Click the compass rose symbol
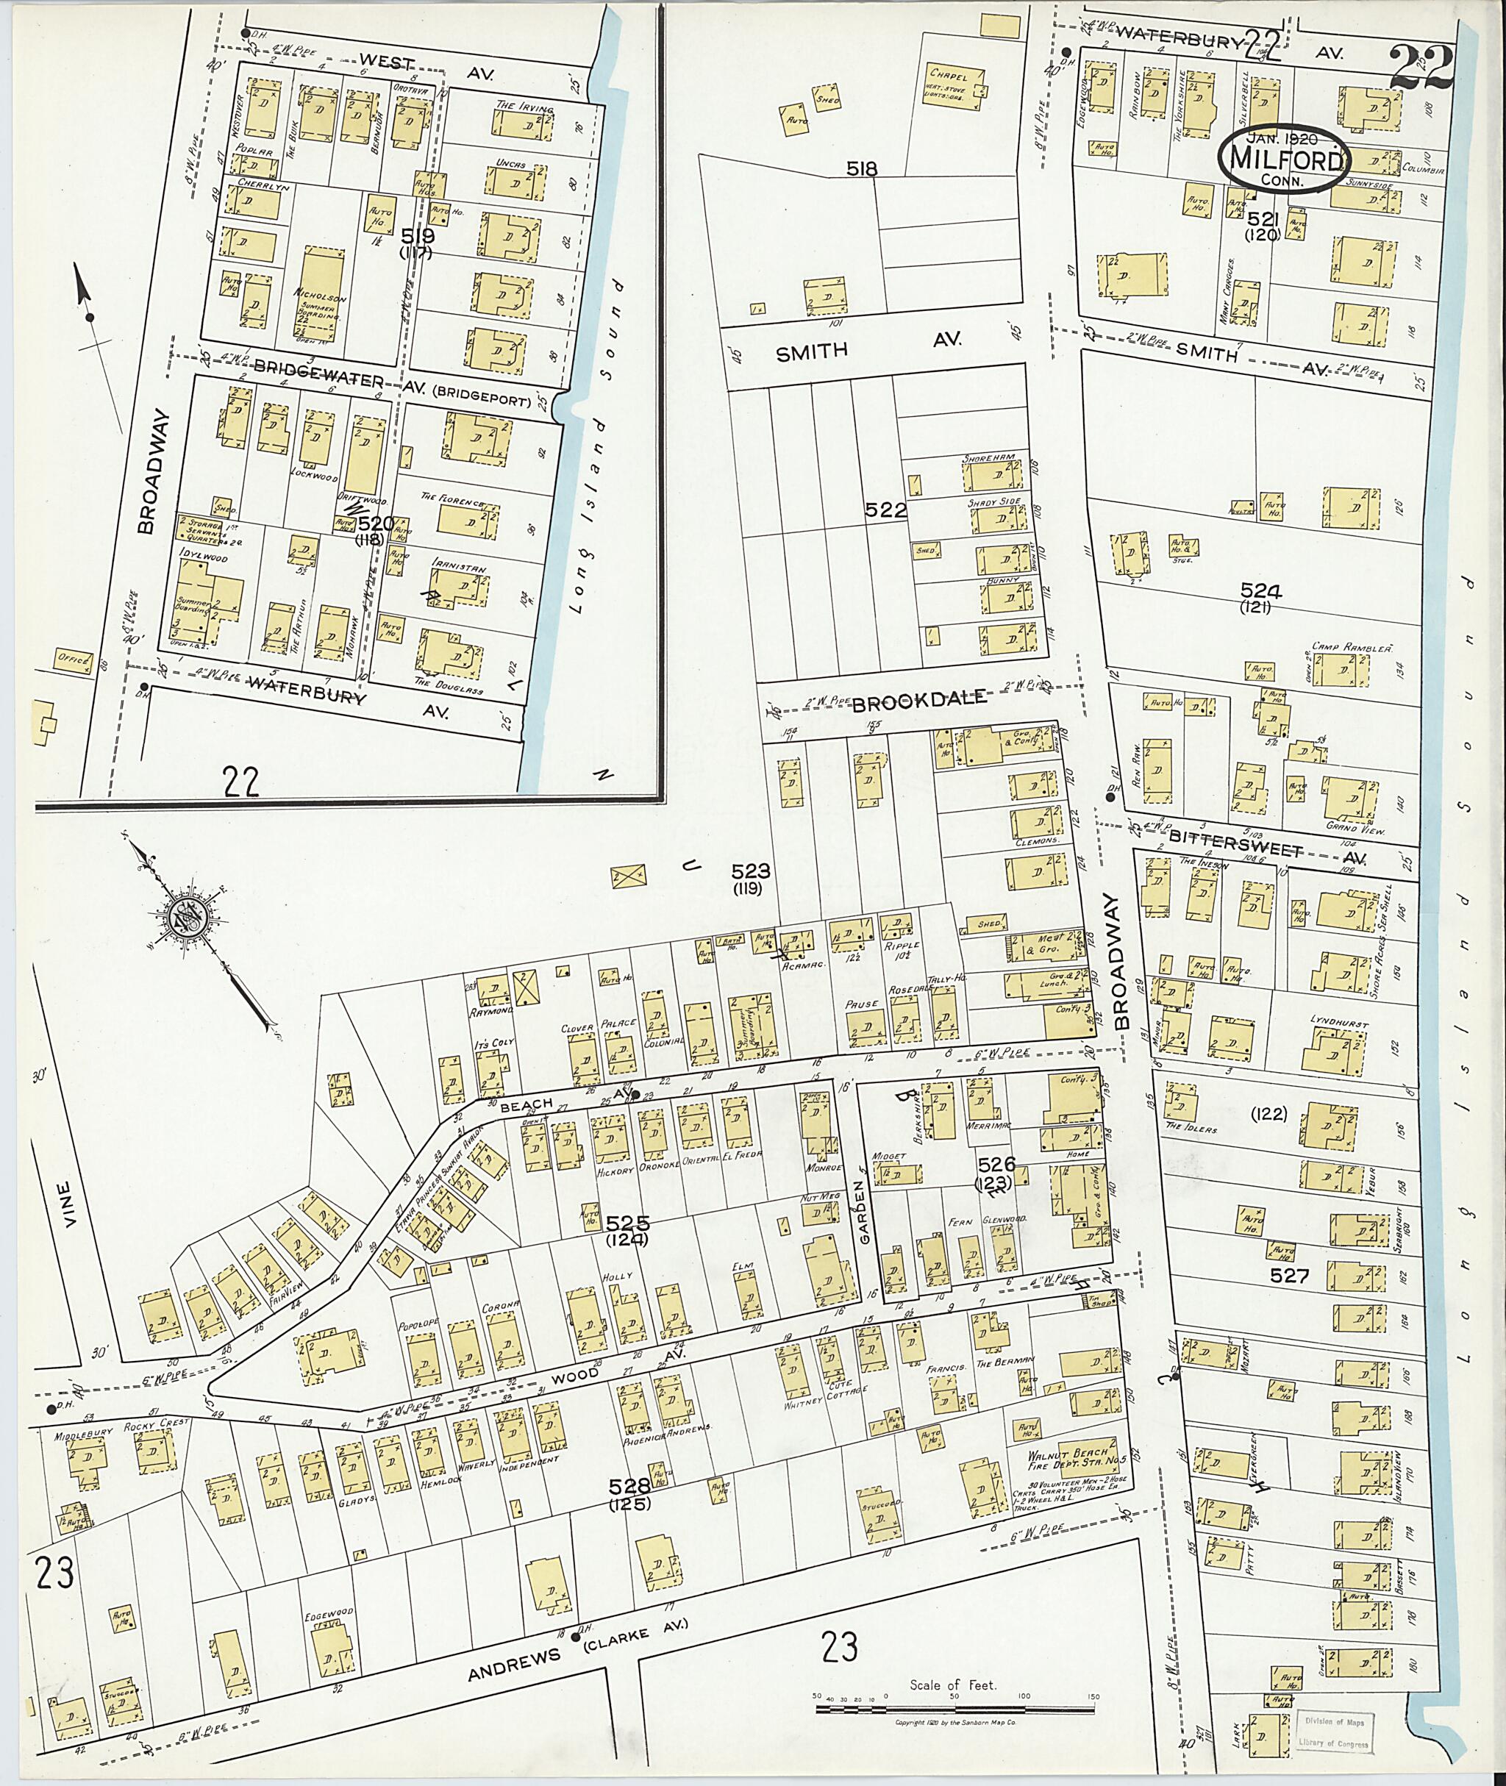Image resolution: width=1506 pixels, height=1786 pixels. pyautogui.click(x=185, y=916)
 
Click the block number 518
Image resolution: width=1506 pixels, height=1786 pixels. pyautogui.click(x=861, y=169)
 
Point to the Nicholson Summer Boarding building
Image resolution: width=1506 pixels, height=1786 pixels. pyautogui.click(x=324, y=295)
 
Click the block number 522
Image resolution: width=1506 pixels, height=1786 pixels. pyautogui.click(x=885, y=510)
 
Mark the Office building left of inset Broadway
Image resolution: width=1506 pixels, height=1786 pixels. pyautogui.click(x=74, y=658)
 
